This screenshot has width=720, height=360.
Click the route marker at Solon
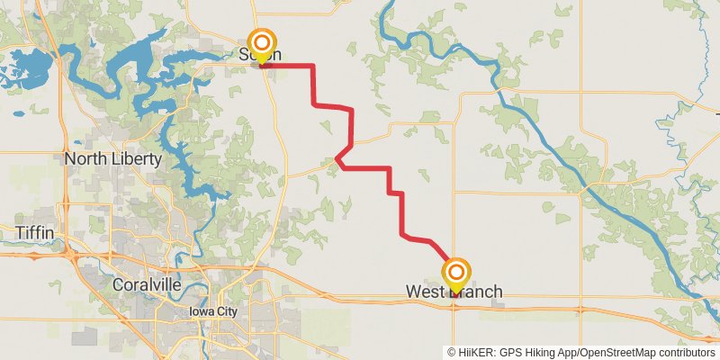262,46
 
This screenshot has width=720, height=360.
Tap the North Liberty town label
112,159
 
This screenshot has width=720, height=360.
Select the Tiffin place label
35,233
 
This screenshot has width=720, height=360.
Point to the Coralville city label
148,284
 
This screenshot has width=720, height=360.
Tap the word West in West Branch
425,292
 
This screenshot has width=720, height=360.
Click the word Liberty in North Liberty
136,159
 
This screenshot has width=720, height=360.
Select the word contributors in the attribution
688,352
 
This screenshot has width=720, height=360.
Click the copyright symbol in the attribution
451,352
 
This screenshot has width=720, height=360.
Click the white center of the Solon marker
262,41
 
